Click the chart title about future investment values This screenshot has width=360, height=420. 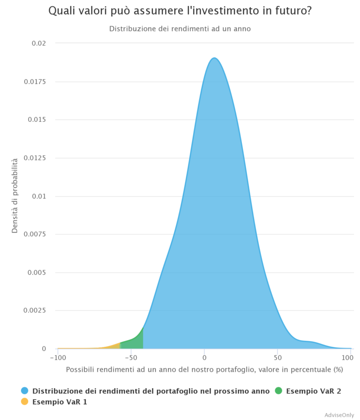click(180, 11)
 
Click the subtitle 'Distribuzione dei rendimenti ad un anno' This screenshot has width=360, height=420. click(180, 29)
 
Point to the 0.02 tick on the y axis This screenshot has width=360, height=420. click(38, 43)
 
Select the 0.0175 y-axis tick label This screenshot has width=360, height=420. click(35, 82)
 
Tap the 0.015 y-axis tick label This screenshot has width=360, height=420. click(37, 120)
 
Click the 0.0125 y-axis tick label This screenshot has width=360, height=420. click(35, 158)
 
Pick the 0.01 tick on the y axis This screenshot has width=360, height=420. click(38, 196)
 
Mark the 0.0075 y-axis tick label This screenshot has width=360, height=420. click(35, 234)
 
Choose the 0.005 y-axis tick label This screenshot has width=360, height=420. click(37, 272)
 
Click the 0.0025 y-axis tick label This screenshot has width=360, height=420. click(35, 311)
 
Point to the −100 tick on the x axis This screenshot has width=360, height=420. click(57, 358)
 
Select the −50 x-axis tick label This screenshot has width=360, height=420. click(131, 358)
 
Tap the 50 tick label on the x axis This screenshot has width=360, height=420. click(277, 358)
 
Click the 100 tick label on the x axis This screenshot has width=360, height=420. click(348, 358)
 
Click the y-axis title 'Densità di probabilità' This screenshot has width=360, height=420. click(15, 196)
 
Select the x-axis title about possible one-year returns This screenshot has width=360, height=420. click(204, 369)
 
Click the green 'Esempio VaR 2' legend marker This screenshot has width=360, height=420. click(278, 391)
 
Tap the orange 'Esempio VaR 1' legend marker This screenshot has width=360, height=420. click(25, 402)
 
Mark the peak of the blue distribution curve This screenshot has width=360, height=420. click(214, 58)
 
